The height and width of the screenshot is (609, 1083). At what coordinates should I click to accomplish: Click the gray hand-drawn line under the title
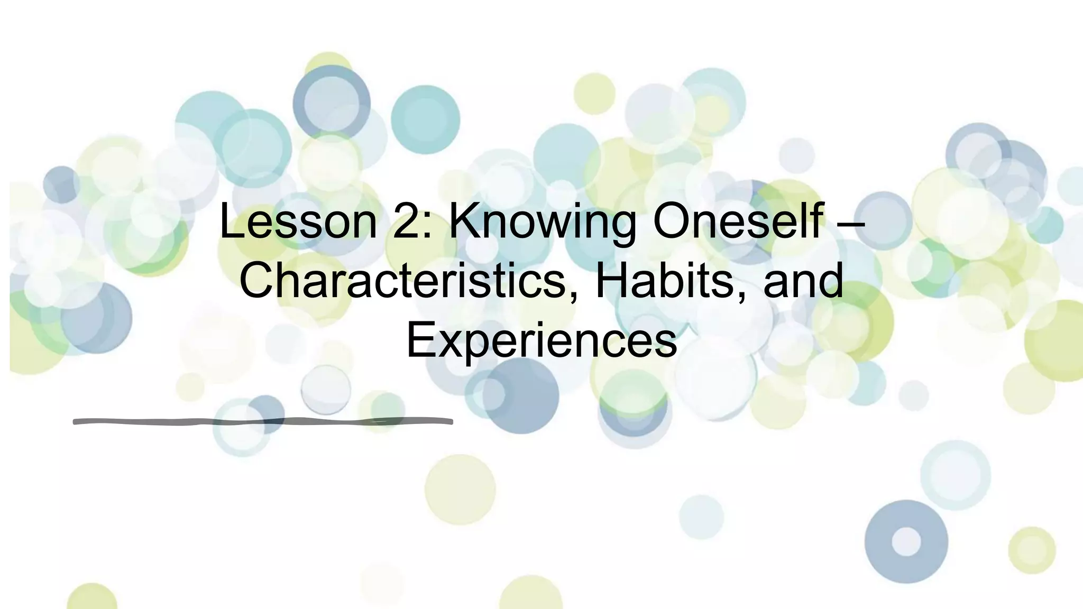263,421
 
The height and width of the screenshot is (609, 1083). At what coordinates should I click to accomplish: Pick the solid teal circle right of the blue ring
425,119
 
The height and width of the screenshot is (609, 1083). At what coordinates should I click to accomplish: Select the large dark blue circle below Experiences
521,395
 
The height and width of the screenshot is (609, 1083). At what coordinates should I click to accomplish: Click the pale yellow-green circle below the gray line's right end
460,490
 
